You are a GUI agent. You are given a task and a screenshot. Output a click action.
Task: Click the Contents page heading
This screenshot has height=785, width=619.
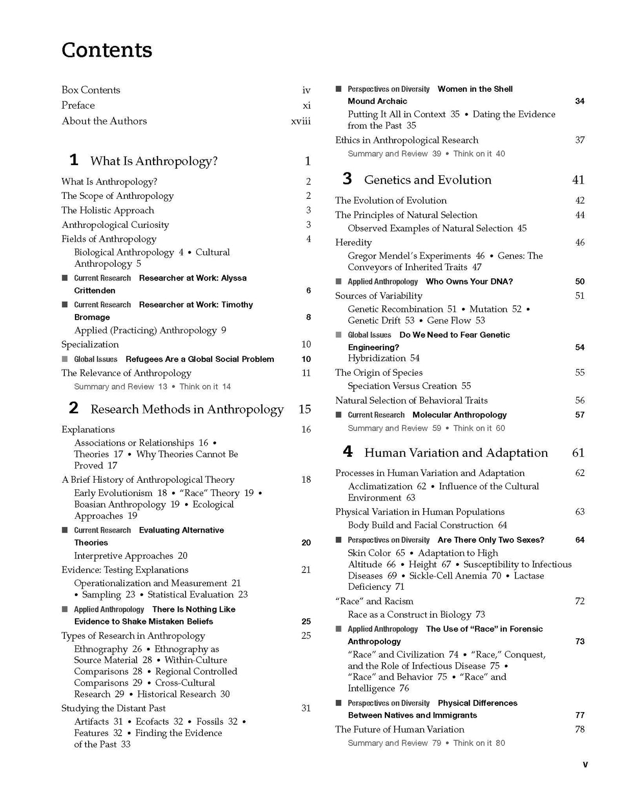click(x=107, y=50)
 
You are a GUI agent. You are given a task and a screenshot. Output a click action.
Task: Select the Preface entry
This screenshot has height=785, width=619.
click(x=78, y=106)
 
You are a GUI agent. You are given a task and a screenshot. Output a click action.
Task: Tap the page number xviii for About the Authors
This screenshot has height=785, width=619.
click(x=300, y=121)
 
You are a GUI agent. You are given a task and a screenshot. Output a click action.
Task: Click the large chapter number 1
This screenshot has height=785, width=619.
click(x=74, y=160)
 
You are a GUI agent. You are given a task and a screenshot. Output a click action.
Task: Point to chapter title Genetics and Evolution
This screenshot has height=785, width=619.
click(x=427, y=180)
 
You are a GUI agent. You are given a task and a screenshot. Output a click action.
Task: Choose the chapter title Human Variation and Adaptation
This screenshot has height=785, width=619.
click(x=456, y=453)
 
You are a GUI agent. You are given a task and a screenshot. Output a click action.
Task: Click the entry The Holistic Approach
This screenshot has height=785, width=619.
click(x=108, y=211)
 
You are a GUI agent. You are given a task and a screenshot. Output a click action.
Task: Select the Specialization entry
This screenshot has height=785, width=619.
click(x=90, y=345)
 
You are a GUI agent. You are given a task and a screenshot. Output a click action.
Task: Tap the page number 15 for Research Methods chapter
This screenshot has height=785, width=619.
click(x=304, y=409)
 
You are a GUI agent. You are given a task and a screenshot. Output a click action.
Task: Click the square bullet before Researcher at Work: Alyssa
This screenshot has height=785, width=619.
click(x=65, y=278)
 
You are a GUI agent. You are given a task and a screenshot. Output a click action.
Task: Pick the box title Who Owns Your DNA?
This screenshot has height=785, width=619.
click(x=469, y=281)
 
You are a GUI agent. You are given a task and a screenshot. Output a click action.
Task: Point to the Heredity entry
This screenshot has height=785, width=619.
click(x=353, y=243)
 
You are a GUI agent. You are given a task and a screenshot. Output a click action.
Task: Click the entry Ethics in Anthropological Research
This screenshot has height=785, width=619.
click(x=406, y=140)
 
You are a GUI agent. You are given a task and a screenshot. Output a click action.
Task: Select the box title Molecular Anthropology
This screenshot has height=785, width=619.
click(x=459, y=415)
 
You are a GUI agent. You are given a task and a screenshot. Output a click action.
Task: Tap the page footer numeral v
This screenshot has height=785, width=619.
click(x=585, y=765)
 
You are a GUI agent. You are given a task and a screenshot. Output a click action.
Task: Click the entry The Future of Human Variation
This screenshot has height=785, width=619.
click(x=399, y=729)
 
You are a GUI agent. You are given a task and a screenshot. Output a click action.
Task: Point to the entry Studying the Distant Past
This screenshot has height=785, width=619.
click(x=113, y=709)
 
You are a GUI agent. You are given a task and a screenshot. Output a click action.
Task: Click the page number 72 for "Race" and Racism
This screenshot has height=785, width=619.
click(x=580, y=601)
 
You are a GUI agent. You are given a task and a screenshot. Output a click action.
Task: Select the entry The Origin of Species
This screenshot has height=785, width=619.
click(x=378, y=373)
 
